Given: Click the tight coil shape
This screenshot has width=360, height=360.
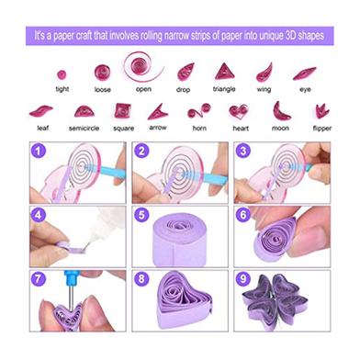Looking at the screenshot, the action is [62, 74].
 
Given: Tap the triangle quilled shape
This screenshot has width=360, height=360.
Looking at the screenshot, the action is [224, 72].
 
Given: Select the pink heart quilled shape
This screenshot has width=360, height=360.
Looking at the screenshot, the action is [239, 111].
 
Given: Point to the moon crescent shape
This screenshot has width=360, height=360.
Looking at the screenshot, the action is [281, 111].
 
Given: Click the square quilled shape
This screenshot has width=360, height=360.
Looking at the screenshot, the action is [123, 111].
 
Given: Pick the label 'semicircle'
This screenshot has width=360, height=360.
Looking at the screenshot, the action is [84, 129].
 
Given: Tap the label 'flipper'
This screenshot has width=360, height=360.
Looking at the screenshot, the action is [322, 129].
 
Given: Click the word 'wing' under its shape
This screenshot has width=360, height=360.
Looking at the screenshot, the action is [264, 89].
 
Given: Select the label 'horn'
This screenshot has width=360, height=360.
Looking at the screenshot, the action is [199, 128].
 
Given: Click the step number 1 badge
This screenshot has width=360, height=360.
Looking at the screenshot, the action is [39, 151].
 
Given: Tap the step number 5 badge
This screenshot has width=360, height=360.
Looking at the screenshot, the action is [141, 215].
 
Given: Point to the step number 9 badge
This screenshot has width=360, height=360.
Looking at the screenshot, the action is [243, 279].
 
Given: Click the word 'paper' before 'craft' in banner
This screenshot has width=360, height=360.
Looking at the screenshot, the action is [63, 37].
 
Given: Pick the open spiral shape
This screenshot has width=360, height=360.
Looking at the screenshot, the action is [142, 67].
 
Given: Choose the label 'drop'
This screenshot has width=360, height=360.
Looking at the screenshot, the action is [183, 90].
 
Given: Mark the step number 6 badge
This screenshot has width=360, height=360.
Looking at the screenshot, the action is [243, 215].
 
